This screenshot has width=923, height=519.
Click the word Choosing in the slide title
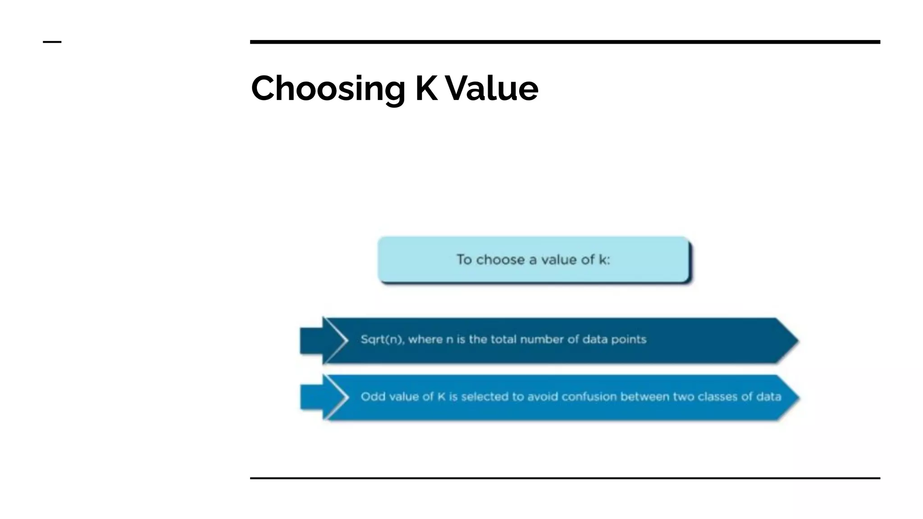[x=328, y=88]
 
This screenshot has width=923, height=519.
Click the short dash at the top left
[x=52, y=42]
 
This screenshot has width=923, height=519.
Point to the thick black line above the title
[x=565, y=42]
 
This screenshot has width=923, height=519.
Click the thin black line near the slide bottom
[x=565, y=478]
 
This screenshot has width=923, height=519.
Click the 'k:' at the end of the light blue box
[x=604, y=260]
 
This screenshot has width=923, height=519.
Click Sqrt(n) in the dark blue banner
[x=381, y=339]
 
